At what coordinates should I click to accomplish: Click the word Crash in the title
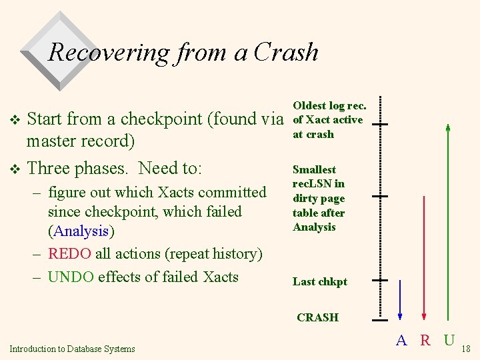coord(287,51)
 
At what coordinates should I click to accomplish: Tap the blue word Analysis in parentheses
coord(82,231)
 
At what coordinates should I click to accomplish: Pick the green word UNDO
coord(71,277)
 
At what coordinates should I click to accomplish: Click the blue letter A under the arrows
coord(401,341)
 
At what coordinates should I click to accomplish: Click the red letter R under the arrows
coord(425,341)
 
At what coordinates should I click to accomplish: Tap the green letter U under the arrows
coord(449,341)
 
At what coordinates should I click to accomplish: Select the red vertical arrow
coord(424,257)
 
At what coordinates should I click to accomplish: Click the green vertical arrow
coord(448,220)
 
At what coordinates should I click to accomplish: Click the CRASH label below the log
coord(317,317)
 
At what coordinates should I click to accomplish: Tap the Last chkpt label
coord(320,281)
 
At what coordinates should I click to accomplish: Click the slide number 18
coord(466,349)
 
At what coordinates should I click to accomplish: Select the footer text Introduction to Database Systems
coord(72,348)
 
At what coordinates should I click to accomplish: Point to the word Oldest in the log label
coord(309,105)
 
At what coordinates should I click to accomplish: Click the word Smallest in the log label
coord(314,169)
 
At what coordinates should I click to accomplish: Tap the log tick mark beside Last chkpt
coord(380,281)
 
